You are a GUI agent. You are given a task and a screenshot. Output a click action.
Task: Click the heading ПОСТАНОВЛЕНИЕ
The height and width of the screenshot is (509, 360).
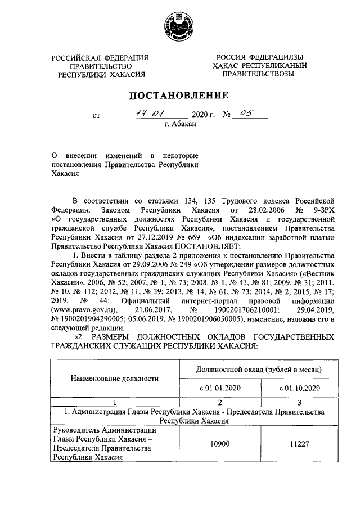(181, 95)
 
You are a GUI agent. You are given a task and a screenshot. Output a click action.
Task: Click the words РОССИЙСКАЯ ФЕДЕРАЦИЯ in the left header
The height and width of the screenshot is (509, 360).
(100, 58)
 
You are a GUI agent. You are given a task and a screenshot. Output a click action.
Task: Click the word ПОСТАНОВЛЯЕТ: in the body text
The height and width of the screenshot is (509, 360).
(209, 245)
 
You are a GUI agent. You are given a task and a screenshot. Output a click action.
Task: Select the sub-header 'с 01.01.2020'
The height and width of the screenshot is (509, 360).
(219, 388)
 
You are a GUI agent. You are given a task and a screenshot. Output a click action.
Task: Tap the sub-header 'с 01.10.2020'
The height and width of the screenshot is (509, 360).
(299, 388)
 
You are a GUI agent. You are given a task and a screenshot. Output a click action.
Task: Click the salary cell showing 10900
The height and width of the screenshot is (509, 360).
(219, 444)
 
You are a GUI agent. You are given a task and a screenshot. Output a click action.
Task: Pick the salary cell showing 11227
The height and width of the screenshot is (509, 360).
(299, 444)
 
